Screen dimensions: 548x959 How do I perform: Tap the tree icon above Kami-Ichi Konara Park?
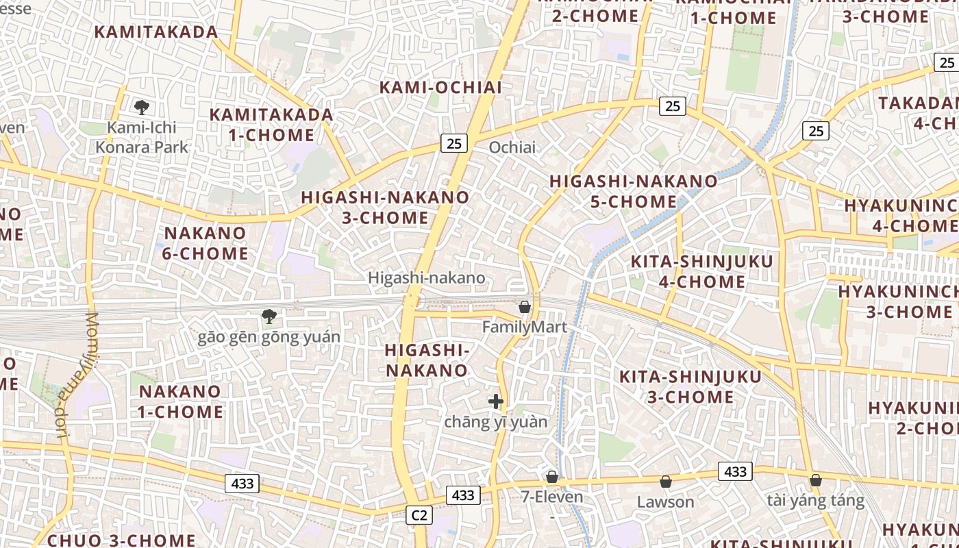coord(142,107)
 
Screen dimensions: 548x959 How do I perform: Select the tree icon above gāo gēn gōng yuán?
coord(269,316)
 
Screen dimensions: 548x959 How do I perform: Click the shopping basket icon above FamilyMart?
coord(525,307)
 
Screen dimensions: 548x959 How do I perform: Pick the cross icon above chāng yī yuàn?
coord(496,401)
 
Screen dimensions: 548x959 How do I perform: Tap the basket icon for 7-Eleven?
coord(552,477)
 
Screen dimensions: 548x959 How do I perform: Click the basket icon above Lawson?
coord(665,482)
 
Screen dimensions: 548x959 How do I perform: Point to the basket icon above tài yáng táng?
coord(815,480)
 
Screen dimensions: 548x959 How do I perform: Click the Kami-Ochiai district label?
coord(440,88)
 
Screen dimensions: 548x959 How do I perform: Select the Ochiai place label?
coord(512,147)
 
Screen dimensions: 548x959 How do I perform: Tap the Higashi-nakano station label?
coord(427,277)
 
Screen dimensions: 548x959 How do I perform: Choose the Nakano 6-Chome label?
coord(206,243)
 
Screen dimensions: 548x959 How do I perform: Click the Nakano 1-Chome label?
coord(181,401)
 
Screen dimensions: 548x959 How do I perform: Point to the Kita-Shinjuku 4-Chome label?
coord(701,271)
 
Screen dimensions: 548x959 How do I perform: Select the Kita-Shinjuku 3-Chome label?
coord(690,386)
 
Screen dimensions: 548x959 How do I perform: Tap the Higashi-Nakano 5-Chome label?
coord(634,191)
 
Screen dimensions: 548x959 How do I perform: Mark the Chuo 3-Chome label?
coord(121,540)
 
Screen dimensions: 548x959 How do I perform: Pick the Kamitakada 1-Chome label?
coord(271,125)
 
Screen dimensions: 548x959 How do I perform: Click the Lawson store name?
coord(665,502)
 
